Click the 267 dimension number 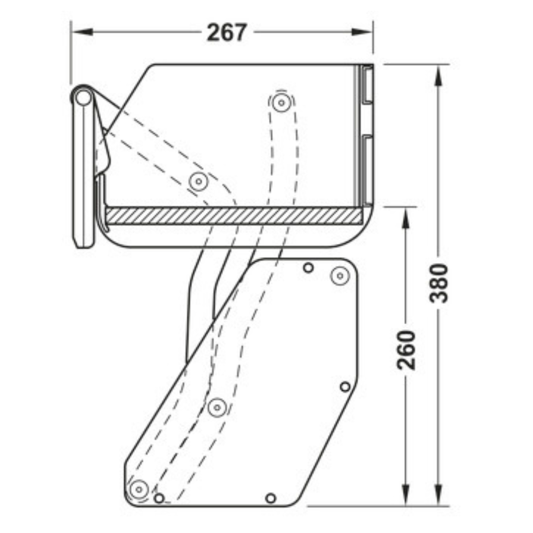coord(226,33)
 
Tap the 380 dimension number coord(439,283)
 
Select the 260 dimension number coord(407,350)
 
